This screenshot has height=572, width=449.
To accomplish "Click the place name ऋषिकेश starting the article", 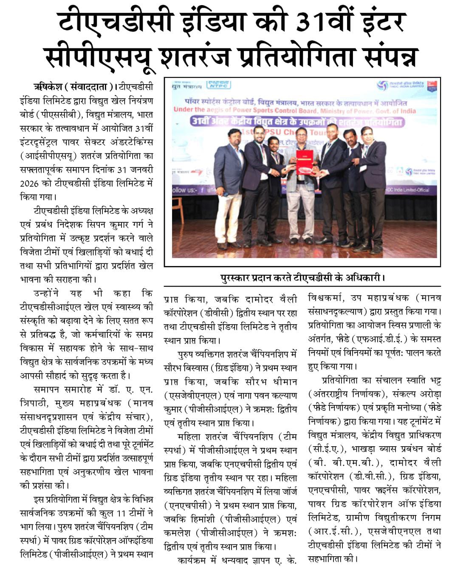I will pyautogui.click(x=48, y=87).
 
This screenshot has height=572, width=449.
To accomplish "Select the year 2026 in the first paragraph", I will pyautogui.click(x=29, y=184).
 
